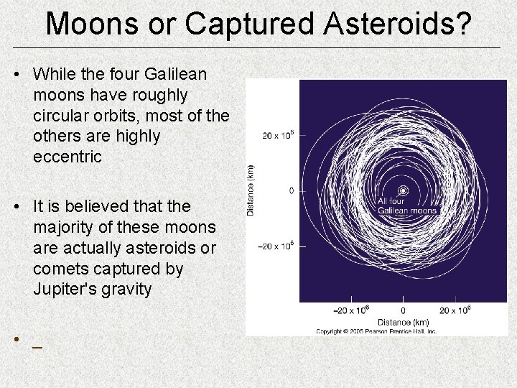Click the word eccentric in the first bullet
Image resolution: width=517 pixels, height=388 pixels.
point(67,156)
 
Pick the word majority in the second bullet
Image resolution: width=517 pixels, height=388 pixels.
point(65,227)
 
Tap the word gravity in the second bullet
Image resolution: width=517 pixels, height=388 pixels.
point(126,290)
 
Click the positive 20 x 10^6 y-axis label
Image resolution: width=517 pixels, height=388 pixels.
point(278,134)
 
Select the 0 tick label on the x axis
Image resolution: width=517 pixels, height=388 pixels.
point(403,310)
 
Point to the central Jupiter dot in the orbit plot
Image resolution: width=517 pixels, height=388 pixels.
point(403,190)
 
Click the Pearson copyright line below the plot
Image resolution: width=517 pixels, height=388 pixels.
point(375,331)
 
